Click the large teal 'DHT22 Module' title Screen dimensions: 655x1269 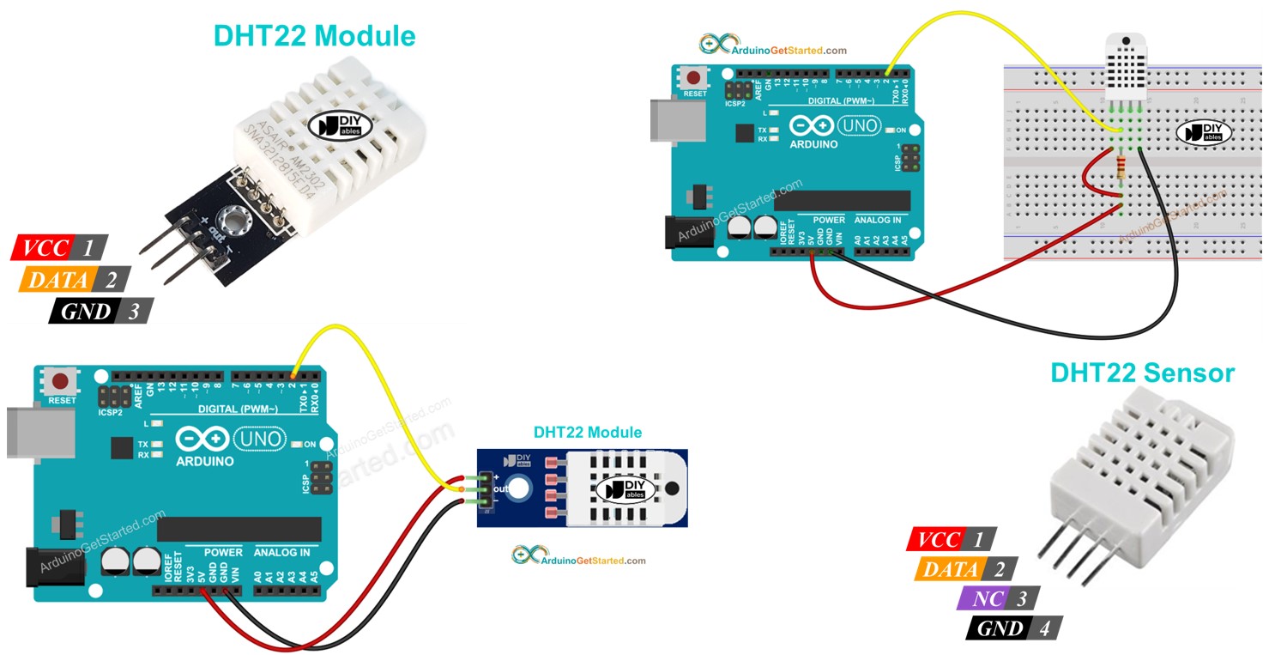click(314, 35)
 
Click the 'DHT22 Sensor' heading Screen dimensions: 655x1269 click(1142, 373)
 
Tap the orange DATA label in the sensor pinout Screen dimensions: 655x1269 click(950, 569)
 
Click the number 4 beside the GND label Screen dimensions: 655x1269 click(1044, 628)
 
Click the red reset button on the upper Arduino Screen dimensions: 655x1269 click(696, 77)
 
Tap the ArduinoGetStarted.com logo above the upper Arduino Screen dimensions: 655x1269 click(772, 46)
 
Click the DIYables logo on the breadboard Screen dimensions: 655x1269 click(1203, 132)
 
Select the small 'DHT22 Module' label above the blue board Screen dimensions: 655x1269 click(587, 432)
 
